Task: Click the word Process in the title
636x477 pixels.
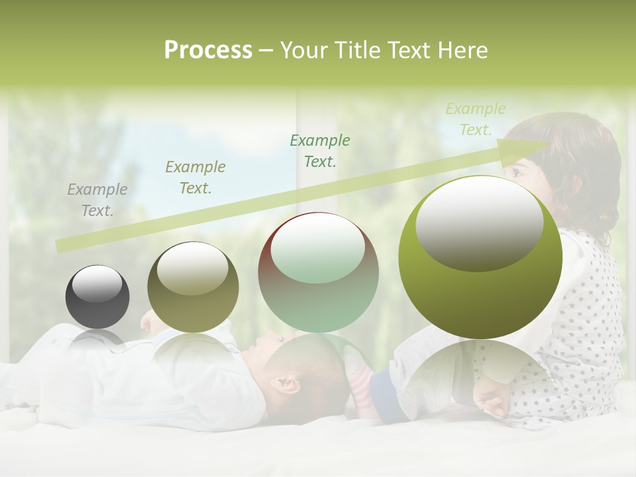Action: (208, 50)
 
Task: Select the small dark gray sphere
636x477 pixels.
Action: (97, 297)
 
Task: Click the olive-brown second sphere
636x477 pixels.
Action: (193, 288)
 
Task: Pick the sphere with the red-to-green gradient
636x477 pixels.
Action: (318, 273)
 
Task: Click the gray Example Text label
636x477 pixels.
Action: (97, 199)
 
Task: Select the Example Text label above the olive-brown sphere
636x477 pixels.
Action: (195, 177)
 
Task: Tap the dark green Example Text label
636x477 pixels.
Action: (320, 150)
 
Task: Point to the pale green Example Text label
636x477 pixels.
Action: (476, 119)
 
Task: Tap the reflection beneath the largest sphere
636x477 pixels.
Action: (480, 371)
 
